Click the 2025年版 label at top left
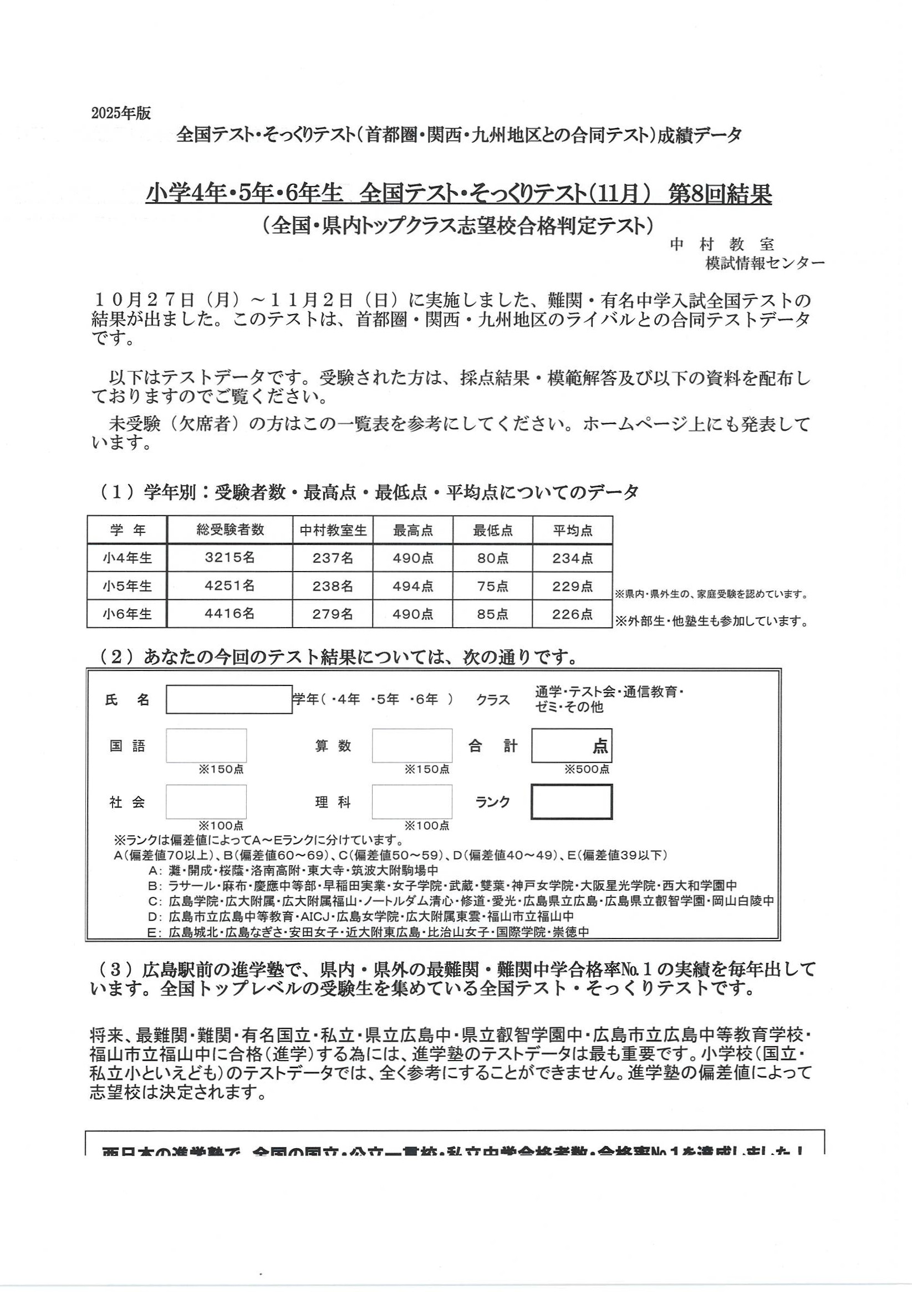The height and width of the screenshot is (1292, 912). [x=121, y=113]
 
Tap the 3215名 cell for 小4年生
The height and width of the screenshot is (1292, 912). [x=230, y=558]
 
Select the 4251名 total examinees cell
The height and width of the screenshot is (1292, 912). [x=230, y=586]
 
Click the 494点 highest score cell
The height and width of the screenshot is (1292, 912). [x=412, y=587]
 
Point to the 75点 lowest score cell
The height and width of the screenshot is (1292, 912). [x=492, y=587]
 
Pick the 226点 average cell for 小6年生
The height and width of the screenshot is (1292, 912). [x=572, y=614]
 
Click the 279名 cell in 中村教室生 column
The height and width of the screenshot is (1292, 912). [x=332, y=614]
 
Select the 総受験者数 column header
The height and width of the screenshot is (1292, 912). [x=230, y=529]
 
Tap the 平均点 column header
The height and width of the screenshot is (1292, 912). [x=572, y=530]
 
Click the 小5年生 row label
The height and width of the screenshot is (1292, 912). [x=127, y=586]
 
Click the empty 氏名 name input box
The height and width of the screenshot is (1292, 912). [x=229, y=699]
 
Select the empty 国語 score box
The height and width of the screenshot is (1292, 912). [x=206, y=745]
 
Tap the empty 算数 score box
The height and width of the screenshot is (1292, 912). [x=411, y=745]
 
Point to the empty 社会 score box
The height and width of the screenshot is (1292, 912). [x=206, y=802]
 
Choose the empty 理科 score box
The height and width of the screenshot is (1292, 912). [x=411, y=802]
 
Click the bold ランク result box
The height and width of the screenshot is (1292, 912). [x=572, y=802]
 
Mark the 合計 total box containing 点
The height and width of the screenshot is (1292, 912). [x=572, y=745]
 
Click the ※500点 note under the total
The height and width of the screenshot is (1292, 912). [x=587, y=769]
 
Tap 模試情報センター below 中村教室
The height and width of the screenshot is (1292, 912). [x=765, y=263]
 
